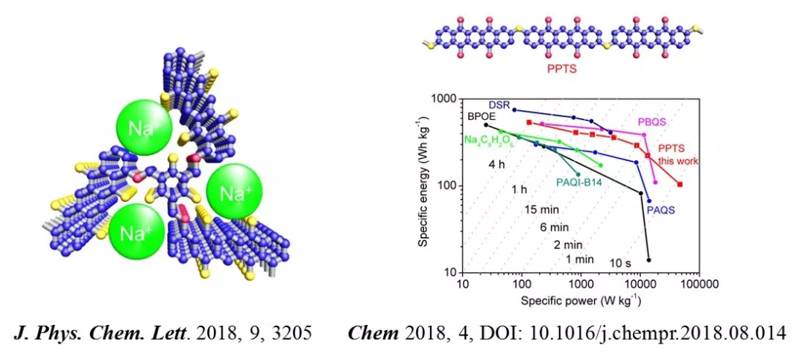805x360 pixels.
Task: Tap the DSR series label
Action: [x=499, y=105]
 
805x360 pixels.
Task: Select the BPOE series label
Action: [x=481, y=117]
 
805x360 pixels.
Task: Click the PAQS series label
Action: [x=661, y=210]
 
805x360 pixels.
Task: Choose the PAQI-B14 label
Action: [x=579, y=181]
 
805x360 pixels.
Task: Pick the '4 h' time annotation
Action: [x=498, y=164]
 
